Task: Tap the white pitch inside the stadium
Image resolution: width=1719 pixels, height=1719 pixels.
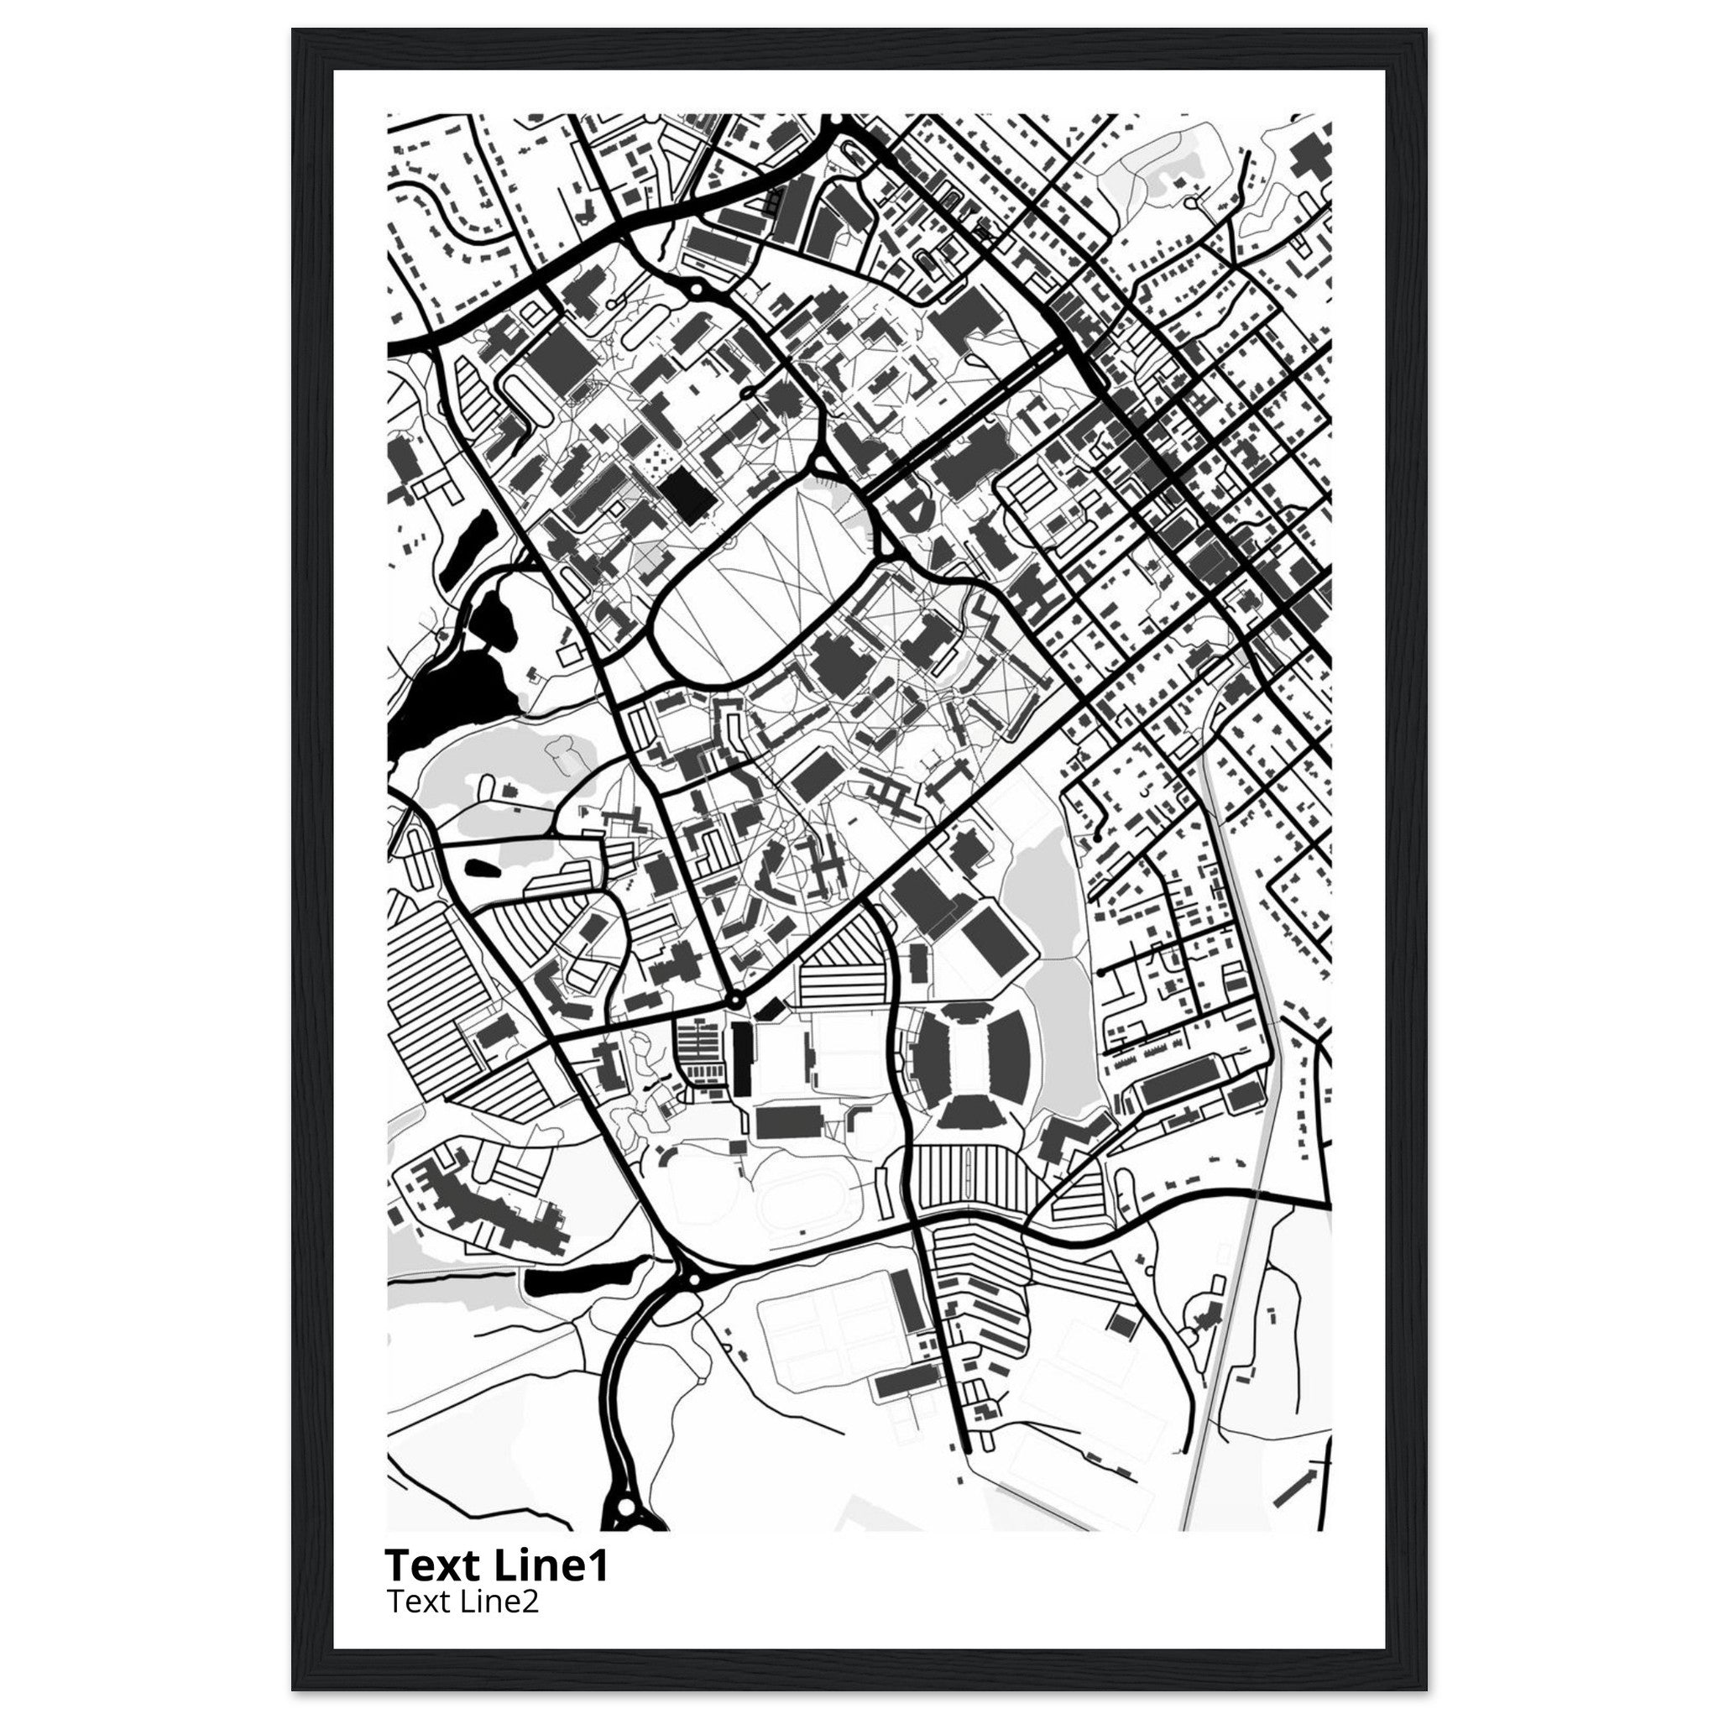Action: click(x=974, y=1058)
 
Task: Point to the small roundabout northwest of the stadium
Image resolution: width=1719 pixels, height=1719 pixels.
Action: click(x=734, y=1001)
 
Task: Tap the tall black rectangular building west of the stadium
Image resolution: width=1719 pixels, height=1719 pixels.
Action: click(x=740, y=1058)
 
